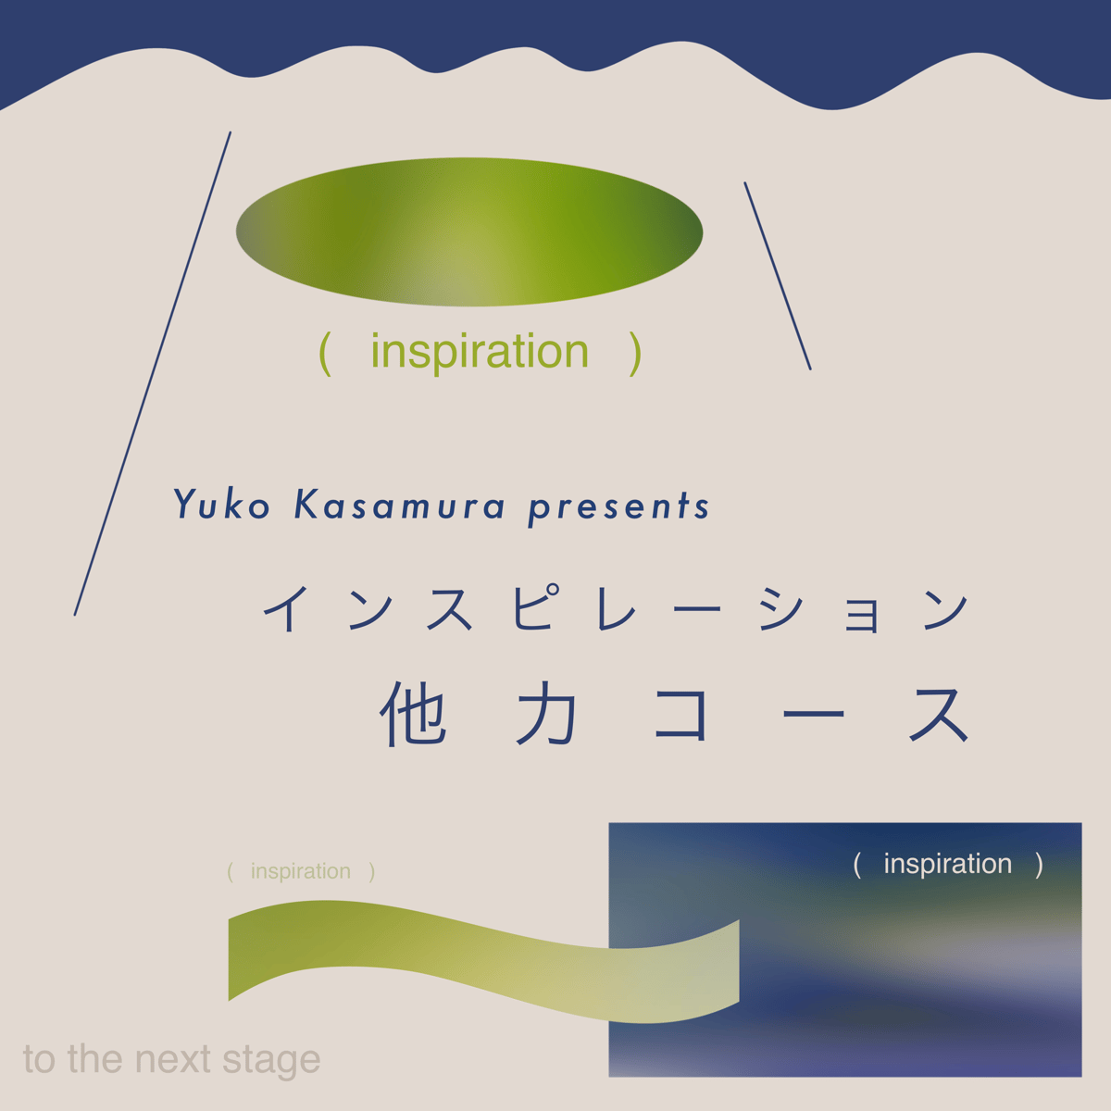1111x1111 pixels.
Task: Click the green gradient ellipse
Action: [x=468, y=231]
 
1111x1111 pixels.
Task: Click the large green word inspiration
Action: [x=480, y=353]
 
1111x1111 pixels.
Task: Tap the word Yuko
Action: [x=222, y=505]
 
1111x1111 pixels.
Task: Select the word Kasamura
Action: [x=400, y=505]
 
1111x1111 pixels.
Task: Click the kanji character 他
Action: [x=413, y=715]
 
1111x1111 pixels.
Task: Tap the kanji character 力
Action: [x=546, y=715]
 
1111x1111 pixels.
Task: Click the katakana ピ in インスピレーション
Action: [x=536, y=608]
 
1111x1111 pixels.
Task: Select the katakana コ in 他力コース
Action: [x=680, y=715]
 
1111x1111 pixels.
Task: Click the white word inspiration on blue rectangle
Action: [x=948, y=864]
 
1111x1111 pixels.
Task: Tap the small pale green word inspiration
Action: [x=300, y=871]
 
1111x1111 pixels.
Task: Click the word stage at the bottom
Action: [x=271, y=1061]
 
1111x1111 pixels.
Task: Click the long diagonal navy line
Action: [x=153, y=374]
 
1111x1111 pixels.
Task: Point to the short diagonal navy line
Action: [x=778, y=276]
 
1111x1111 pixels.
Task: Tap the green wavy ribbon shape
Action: [x=483, y=962]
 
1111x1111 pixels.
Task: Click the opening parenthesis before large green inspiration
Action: [x=325, y=354]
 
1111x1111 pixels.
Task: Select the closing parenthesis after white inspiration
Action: [x=1039, y=865]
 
